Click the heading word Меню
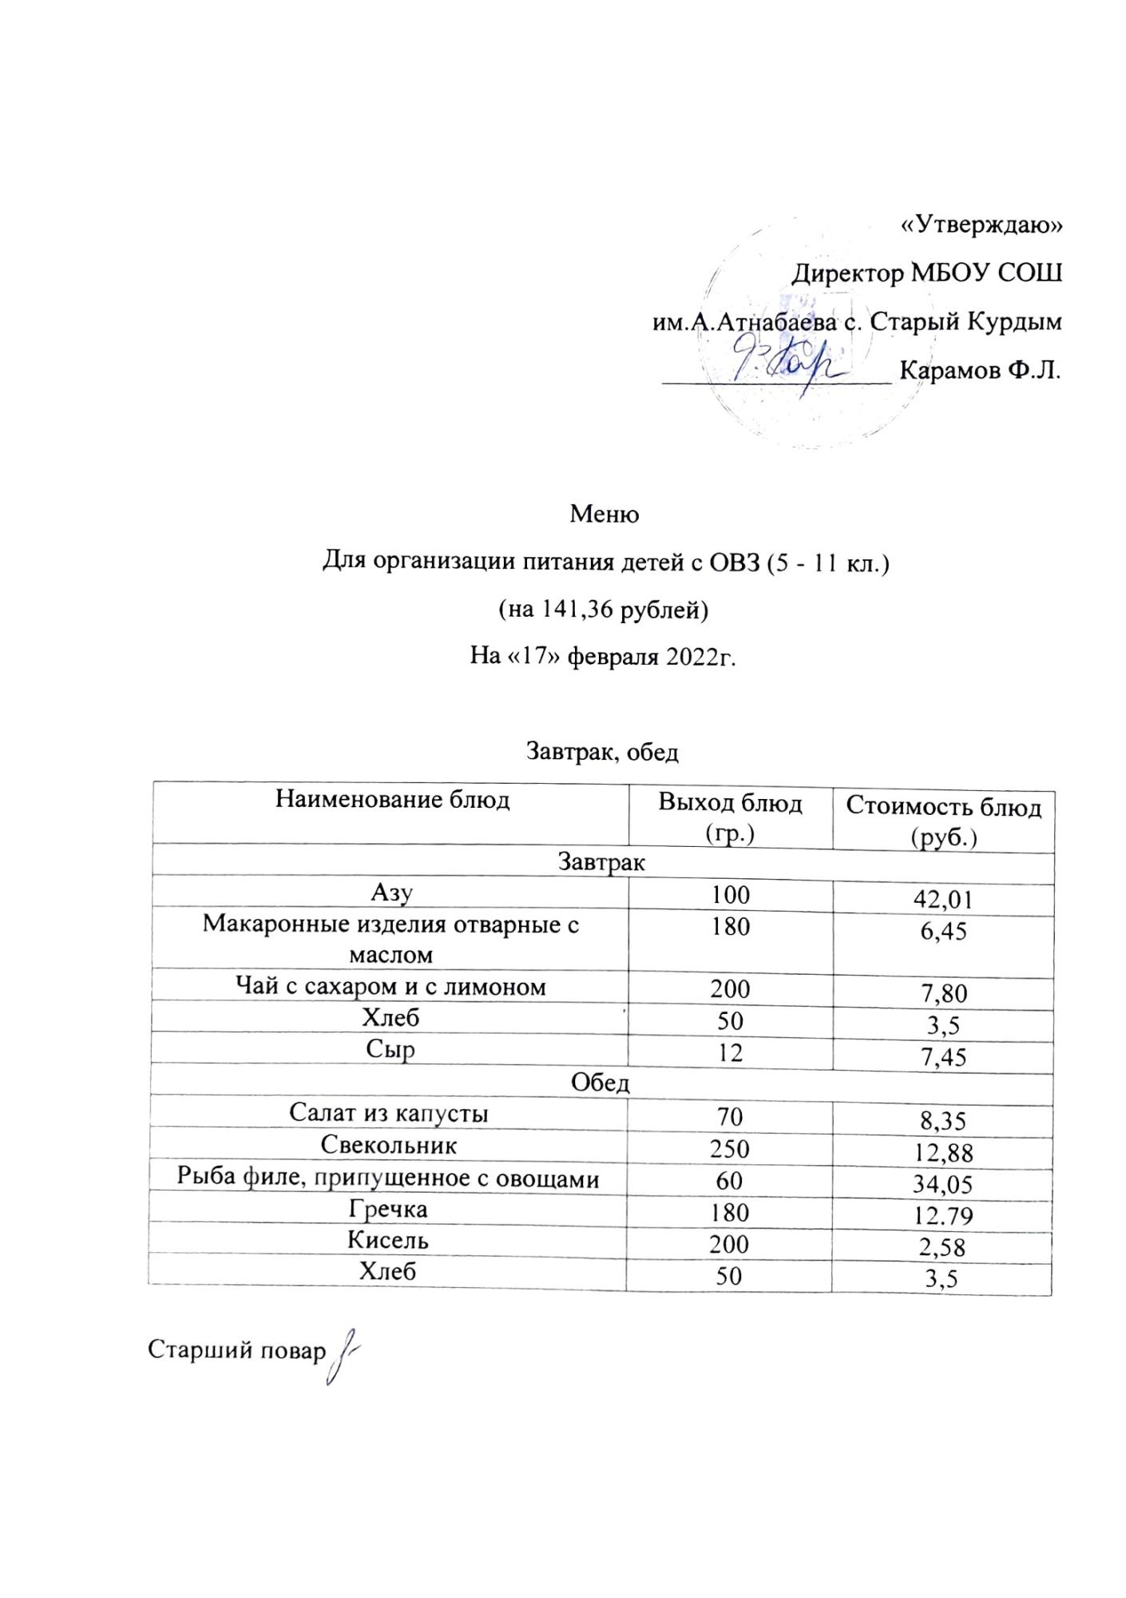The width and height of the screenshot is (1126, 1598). [605, 515]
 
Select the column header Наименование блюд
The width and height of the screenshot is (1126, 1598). [392, 800]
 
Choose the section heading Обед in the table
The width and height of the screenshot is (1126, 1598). [600, 1084]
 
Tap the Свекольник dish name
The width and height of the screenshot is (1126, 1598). [389, 1145]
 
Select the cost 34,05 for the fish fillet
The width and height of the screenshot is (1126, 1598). [943, 1184]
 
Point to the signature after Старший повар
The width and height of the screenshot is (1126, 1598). [341, 1351]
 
